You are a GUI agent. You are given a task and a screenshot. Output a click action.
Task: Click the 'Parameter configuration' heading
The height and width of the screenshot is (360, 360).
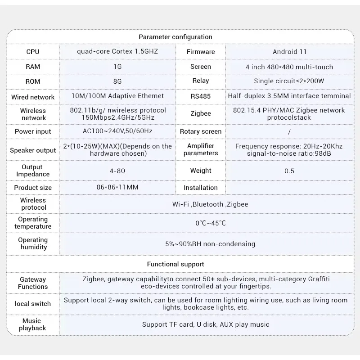click(x=175, y=37)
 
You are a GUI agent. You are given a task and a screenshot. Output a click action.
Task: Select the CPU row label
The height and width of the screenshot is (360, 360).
click(x=33, y=52)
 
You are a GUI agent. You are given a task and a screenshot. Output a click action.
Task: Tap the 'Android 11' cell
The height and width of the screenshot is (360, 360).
click(x=289, y=52)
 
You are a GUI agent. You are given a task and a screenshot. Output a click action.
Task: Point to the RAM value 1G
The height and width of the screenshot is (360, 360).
click(x=118, y=67)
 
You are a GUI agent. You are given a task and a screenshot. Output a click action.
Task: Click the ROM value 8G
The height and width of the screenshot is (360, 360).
click(x=118, y=81)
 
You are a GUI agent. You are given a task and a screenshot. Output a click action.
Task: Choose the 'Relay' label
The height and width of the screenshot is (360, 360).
click(x=201, y=81)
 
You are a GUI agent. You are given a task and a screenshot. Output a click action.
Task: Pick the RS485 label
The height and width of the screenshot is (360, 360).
click(x=201, y=96)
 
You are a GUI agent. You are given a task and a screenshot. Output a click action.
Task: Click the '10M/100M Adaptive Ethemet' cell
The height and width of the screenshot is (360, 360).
click(x=118, y=96)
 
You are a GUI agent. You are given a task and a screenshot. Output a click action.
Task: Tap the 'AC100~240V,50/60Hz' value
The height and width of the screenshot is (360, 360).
click(x=118, y=131)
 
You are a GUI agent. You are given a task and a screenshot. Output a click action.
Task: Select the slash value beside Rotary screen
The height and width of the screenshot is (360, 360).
click(x=289, y=132)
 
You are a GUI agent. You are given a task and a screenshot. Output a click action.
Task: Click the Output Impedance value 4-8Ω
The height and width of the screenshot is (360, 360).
click(x=118, y=171)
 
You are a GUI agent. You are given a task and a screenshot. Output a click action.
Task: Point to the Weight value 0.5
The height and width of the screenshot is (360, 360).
click(x=289, y=171)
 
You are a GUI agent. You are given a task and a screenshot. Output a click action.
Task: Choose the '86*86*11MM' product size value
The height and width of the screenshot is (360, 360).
click(x=118, y=188)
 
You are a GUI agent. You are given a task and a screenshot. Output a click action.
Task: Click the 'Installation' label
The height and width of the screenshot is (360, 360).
click(x=201, y=188)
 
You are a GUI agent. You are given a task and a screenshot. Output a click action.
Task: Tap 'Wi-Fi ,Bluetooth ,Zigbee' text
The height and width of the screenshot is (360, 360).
click(x=210, y=204)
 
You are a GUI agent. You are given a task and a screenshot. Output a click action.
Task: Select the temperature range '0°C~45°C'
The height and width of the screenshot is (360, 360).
click(x=210, y=223)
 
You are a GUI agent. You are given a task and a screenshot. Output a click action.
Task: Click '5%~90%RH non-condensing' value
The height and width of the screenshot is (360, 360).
click(x=210, y=244)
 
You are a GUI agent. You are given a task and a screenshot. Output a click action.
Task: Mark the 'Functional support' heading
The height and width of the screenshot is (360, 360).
click(x=175, y=264)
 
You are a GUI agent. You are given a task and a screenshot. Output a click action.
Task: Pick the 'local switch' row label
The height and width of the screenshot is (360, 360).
click(x=33, y=304)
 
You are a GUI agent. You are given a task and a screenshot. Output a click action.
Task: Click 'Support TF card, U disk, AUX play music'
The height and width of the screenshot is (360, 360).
click(x=206, y=324)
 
